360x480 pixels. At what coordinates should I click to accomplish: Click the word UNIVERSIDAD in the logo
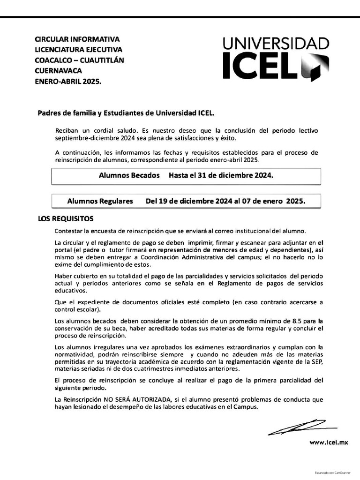(x=276, y=45)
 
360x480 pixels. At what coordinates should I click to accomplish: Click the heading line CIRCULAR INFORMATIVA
(x=77, y=39)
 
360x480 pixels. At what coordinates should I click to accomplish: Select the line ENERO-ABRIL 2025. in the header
(x=68, y=81)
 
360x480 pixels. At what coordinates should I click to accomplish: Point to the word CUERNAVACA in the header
(x=59, y=71)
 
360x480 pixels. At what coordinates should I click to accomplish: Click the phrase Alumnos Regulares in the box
(x=100, y=202)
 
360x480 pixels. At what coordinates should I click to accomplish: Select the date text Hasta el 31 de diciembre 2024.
(x=217, y=175)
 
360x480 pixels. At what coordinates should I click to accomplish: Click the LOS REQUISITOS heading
(x=66, y=218)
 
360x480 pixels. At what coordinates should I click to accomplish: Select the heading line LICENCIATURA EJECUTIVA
(x=78, y=50)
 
